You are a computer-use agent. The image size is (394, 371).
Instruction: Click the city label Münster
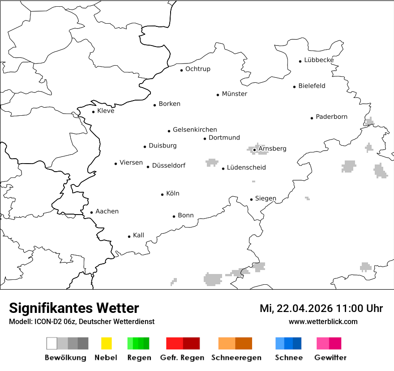pos(235,94)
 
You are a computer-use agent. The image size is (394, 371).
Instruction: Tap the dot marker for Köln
pos(163,194)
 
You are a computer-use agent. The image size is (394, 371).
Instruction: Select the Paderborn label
pos(331,117)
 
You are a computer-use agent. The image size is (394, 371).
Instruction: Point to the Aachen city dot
pos(92,212)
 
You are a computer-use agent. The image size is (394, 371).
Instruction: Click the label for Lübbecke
pos(319,60)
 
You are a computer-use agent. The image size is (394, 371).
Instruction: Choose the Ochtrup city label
pos(197,69)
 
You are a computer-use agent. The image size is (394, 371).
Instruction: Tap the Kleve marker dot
pos(94,112)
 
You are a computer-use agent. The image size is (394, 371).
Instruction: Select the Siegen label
pos(266,198)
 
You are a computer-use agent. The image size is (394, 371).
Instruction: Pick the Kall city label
pos(138,235)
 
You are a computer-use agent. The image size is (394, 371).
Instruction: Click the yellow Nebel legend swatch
pos(106,343)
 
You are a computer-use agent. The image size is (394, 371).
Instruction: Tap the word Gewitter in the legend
pos(330,358)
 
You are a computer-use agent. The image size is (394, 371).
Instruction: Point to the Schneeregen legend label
pos(236,358)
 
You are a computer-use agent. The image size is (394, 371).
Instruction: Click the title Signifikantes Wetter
pos(74,308)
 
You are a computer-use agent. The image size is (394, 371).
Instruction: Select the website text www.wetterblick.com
pos(323,321)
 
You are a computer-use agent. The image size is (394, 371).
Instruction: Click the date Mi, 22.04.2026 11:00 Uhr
pos(321,308)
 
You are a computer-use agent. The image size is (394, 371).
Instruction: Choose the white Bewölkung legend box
pos(51,343)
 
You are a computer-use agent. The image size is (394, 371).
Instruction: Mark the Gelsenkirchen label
pos(195,130)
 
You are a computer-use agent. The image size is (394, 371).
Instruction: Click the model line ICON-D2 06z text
pos(56,321)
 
